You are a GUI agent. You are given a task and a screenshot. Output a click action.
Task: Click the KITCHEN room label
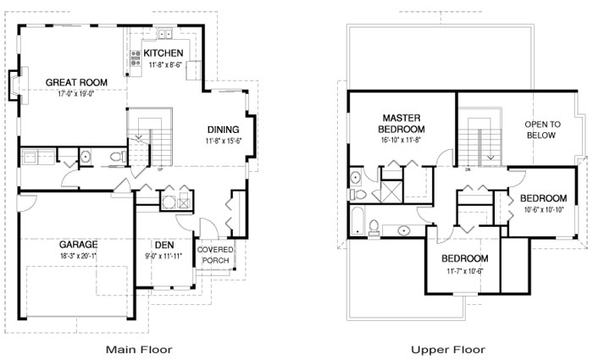[x=163, y=53]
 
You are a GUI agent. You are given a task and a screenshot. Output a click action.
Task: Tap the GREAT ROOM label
[x=76, y=82]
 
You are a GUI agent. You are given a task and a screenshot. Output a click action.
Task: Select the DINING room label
[x=223, y=130]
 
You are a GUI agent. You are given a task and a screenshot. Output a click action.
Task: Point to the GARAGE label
[x=78, y=244]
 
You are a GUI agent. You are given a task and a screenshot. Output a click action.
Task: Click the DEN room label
[x=164, y=245]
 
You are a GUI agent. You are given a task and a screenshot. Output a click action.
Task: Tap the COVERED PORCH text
[x=215, y=255]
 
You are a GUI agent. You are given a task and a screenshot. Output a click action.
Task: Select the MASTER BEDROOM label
[x=402, y=124]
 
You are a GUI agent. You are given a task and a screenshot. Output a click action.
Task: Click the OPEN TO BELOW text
[x=542, y=130]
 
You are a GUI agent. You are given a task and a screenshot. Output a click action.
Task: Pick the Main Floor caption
[x=139, y=349]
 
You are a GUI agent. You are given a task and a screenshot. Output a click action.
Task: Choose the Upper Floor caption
[x=448, y=349]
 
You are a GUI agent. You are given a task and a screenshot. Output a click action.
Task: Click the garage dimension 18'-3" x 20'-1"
[x=78, y=256]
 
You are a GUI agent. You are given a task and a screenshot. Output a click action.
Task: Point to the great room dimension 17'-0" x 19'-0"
[x=76, y=94]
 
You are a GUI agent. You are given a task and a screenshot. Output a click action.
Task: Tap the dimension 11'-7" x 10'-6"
[x=465, y=271]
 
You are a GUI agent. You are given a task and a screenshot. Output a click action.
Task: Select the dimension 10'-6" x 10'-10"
[x=544, y=209]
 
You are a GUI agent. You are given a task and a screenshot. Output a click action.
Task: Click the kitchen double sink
[x=164, y=34]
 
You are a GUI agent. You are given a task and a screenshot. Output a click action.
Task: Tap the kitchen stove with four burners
[x=136, y=58]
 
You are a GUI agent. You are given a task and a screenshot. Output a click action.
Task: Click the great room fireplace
[x=18, y=85]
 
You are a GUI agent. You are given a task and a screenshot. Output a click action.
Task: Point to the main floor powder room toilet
[x=119, y=156]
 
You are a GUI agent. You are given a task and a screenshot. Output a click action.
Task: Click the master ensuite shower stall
[x=392, y=191]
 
